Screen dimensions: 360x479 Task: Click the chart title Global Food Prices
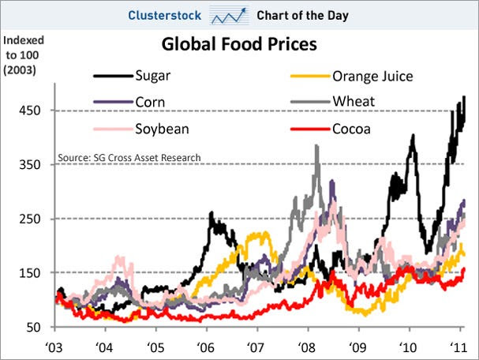239,44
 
